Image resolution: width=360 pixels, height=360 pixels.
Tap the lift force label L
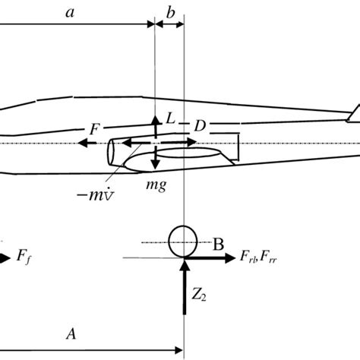pyautogui.click(x=171, y=120)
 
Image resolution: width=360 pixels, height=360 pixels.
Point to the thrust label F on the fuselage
pyautogui.click(x=94, y=130)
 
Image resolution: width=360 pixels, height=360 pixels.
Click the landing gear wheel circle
pyautogui.click(x=182, y=242)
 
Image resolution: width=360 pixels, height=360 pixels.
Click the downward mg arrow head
pyautogui.click(x=155, y=166)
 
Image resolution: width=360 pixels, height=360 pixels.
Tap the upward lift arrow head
pyautogui.click(x=155, y=118)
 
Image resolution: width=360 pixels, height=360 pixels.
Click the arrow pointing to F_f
pyautogui.click(x=6, y=257)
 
